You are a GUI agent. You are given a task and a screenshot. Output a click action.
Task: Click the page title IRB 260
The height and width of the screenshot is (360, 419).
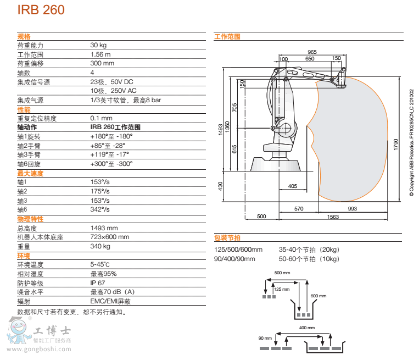click(x=41, y=10)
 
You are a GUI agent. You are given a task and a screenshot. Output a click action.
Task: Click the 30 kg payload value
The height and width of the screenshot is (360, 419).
click(x=98, y=45)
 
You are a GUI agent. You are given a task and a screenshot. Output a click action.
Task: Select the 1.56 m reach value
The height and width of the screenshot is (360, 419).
click(x=100, y=54)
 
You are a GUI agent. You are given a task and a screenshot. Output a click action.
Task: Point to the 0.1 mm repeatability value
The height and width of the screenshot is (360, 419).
click(x=101, y=118)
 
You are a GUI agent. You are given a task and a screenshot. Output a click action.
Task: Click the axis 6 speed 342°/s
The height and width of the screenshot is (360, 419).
click(x=100, y=209)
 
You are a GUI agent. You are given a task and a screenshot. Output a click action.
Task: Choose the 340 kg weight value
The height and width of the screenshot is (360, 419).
click(x=100, y=246)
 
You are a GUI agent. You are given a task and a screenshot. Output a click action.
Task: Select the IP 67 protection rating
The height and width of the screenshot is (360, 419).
click(x=98, y=283)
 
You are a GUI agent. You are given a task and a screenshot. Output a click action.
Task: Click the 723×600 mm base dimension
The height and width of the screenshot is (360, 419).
click(x=110, y=237)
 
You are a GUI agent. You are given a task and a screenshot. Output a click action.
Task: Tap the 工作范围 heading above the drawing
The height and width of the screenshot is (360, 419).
click(x=227, y=37)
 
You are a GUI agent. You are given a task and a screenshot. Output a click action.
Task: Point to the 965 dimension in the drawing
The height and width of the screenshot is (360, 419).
click(x=312, y=52)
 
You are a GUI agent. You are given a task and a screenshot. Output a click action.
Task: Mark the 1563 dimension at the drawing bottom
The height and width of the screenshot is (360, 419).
click(x=333, y=217)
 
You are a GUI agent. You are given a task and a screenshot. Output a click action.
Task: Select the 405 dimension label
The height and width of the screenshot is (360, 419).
click(x=292, y=186)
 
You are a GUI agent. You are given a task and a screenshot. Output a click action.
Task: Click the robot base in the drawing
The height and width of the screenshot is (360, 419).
click(x=276, y=163)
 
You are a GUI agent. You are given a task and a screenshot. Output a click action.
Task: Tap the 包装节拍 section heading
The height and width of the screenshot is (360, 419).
click(x=227, y=238)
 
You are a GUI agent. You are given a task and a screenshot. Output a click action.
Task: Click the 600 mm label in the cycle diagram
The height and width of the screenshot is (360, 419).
click(x=318, y=296)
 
